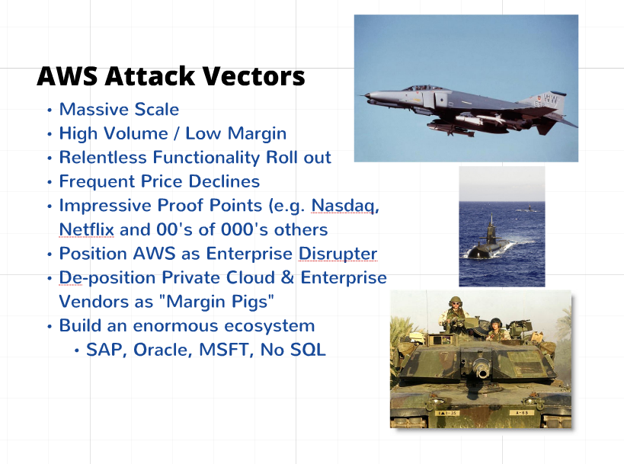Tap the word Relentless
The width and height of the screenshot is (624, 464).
103,157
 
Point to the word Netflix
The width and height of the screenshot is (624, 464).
87,229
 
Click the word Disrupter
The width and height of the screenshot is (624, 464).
338,254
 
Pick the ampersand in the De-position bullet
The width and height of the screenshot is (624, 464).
287,278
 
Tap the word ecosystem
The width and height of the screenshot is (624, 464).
270,326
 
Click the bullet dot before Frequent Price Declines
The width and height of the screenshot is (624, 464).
50,182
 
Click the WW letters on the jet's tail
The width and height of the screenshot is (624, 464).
551,98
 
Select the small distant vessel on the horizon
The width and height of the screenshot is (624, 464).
529,209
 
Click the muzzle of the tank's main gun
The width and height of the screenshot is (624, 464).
483,373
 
